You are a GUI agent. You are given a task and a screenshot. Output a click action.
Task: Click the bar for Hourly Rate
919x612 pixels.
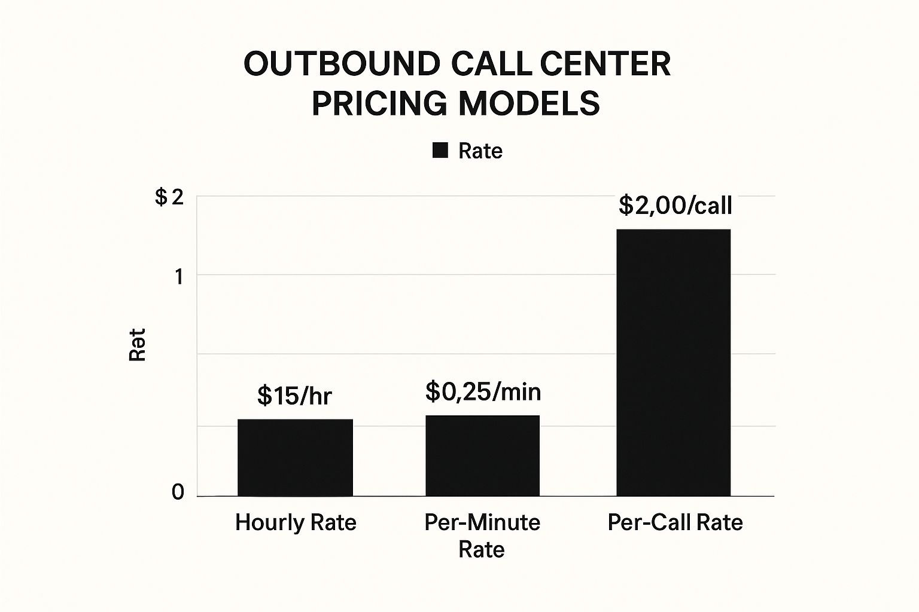click(x=295, y=457)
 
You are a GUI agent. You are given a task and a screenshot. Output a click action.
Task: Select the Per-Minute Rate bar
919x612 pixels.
click(x=482, y=455)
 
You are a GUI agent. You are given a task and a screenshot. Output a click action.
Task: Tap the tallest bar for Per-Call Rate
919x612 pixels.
click(x=673, y=362)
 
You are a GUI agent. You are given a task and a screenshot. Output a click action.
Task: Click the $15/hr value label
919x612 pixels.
click(x=294, y=396)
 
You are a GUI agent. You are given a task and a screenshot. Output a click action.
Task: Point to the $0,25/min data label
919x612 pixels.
click(x=483, y=392)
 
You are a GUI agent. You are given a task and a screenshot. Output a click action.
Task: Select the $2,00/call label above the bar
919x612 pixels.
click(x=675, y=206)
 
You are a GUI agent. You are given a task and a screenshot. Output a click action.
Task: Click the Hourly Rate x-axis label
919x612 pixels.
click(x=296, y=522)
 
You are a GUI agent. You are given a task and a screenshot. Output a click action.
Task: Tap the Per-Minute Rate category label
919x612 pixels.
click(x=482, y=535)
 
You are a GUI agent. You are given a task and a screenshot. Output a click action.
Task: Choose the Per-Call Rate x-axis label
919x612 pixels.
click(x=675, y=522)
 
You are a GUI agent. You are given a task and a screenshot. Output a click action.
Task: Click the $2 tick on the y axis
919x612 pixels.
click(x=169, y=197)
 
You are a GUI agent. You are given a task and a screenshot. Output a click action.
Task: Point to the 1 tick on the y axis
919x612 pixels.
click(x=178, y=277)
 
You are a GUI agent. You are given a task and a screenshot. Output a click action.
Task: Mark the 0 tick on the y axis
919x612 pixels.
click(x=178, y=492)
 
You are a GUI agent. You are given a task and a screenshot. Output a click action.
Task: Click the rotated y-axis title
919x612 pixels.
click(x=138, y=344)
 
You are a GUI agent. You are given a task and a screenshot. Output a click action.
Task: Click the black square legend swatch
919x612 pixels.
click(x=440, y=151)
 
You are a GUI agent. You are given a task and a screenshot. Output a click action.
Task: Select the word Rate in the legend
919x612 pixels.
click(x=480, y=151)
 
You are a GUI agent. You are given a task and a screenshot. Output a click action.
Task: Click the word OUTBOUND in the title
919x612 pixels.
click(x=342, y=64)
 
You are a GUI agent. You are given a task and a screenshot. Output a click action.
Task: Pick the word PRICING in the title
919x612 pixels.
click(x=379, y=103)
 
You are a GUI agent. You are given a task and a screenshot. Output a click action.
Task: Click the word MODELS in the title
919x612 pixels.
click(x=529, y=103)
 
